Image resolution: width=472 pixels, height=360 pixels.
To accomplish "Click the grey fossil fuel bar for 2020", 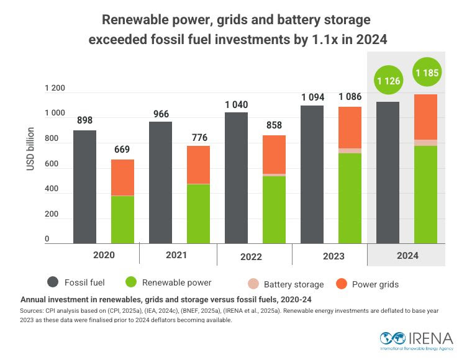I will coord(84,186).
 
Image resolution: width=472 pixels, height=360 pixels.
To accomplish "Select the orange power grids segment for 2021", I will coord(199,164).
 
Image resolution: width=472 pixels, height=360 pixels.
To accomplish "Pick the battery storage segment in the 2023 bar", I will coord(350,151).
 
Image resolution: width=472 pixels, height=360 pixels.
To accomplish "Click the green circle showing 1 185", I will coord(427,73).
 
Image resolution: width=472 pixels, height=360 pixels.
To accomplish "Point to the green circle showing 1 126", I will coord(389,80).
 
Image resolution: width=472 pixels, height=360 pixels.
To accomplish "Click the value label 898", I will coord(84,120).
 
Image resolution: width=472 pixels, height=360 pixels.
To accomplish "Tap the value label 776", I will coord(199,137).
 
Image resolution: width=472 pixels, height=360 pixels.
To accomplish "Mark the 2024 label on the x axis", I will coord(407,255).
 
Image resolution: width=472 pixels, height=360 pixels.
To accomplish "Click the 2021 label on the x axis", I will coord(177,254).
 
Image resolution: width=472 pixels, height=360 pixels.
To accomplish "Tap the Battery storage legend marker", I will coord(253,284).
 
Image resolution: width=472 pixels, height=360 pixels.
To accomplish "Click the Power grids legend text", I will coord(375,284).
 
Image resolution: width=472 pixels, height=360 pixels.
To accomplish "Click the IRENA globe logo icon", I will coord(391,339).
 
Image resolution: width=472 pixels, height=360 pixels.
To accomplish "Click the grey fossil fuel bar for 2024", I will coord(388,173).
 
